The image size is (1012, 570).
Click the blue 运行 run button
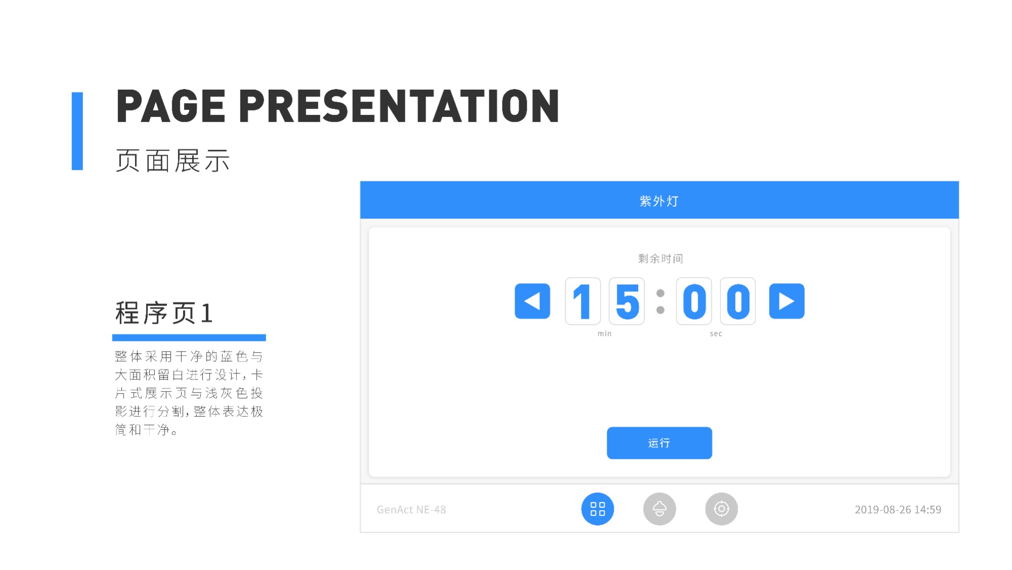tap(659, 443)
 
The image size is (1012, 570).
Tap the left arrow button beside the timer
tap(532, 301)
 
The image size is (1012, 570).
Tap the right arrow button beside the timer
tap(787, 301)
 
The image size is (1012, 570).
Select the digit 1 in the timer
tap(583, 301)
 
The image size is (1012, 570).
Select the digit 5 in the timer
tap(627, 301)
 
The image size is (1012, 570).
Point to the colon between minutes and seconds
tap(660, 301)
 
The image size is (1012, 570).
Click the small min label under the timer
tap(605, 333)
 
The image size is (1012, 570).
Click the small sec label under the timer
tap(716, 333)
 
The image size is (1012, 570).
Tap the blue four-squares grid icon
tap(598, 509)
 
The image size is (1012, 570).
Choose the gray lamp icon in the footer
tap(659, 509)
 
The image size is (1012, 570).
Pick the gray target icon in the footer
tap(722, 509)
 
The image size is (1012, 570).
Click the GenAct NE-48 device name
tap(411, 510)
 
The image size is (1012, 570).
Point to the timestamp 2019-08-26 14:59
tap(898, 510)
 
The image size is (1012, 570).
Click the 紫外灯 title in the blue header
tap(659, 201)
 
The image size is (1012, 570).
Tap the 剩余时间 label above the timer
tap(660, 258)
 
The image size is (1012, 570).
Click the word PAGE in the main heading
tap(171, 106)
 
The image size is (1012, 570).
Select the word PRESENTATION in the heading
tap(399, 106)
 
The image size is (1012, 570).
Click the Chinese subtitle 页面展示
tap(173, 161)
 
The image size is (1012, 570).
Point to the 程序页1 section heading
tap(164, 313)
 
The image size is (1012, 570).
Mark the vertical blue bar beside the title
tap(77, 131)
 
